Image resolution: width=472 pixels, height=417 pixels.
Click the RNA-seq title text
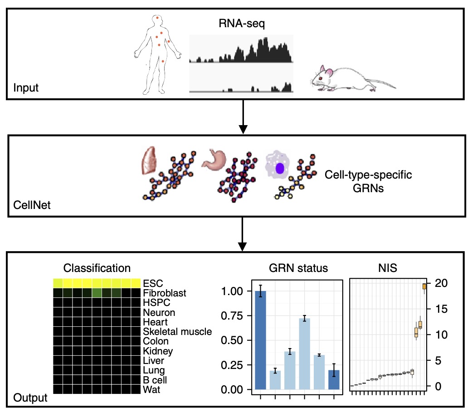pos(242,24)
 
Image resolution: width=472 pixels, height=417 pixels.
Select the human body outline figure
pos(157,55)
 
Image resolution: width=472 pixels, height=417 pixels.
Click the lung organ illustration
pos(149,160)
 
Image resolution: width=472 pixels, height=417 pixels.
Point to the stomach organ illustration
pos(214,160)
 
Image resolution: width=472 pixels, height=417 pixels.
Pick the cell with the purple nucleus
pos(277,165)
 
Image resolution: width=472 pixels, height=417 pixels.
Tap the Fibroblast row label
pos(164,293)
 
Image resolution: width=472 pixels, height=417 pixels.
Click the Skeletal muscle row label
pos(177,331)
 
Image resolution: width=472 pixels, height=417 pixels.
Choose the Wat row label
pos(151,390)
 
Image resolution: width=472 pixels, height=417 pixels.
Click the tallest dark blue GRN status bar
pos(260,340)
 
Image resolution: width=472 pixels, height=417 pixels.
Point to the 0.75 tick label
pos(232,316)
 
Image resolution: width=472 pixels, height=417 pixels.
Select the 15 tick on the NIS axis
pos(441,309)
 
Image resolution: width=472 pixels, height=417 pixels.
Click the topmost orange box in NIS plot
pos(424,286)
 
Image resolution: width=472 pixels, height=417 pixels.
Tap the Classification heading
pos(97,268)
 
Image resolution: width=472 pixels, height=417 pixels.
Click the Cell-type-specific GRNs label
pos(368,181)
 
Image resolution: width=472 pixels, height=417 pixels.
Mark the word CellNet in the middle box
pos(32,205)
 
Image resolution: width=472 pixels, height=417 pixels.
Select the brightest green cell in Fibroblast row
pos(97,293)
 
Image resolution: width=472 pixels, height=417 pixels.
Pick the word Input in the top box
pos(26,88)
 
